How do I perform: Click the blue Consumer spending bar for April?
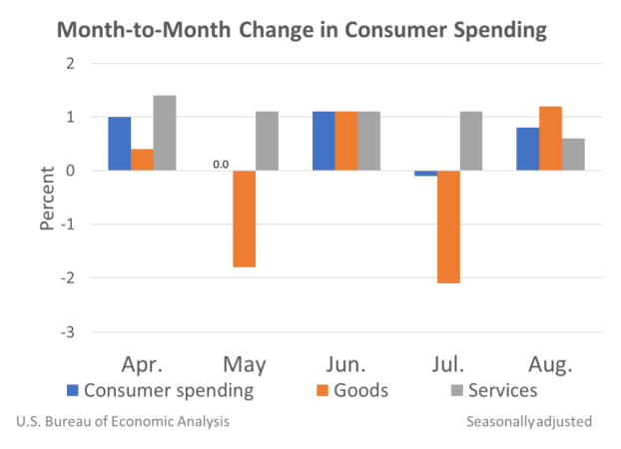120,144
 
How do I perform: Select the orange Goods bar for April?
143,160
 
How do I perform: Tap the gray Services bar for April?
165,133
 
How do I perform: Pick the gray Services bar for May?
267,141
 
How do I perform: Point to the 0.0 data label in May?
219,162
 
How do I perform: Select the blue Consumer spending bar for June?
323,141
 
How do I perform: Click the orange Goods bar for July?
447,226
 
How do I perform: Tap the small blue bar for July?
425,174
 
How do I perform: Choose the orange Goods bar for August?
550,139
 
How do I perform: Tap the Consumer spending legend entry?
160,390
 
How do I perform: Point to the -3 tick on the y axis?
68,332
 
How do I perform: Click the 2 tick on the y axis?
71,63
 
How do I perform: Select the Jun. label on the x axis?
345,363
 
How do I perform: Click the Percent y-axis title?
46,198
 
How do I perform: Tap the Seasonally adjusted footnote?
529,422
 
